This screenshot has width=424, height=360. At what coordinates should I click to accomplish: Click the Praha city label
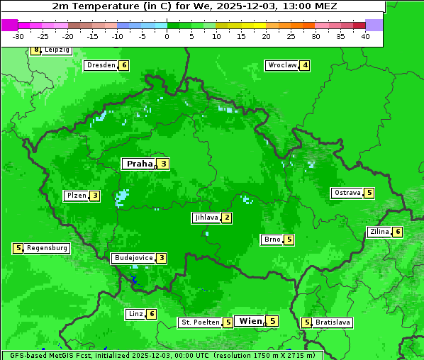(x=139, y=164)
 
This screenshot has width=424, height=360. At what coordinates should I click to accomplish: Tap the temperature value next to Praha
(x=163, y=164)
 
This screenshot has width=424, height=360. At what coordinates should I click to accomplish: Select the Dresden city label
(x=101, y=65)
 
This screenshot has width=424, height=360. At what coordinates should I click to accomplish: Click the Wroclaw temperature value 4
(x=305, y=65)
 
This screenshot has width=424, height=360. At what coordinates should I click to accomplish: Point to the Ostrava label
(x=347, y=193)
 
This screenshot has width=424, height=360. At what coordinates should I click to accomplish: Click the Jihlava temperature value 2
(x=226, y=218)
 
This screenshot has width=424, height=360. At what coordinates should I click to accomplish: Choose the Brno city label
(x=272, y=240)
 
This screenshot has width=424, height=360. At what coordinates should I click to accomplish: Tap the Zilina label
(x=379, y=232)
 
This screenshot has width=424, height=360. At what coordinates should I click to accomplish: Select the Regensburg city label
(x=47, y=248)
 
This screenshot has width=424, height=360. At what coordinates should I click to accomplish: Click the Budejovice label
(x=133, y=258)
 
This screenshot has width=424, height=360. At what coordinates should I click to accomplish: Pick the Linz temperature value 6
(x=151, y=314)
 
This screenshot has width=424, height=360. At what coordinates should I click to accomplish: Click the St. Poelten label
(x=199, y=322)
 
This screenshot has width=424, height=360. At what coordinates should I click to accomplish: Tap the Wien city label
(x=250, y=321)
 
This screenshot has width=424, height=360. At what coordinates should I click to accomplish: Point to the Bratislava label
(x=333, y=322)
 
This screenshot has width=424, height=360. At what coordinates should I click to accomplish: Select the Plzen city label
(x=77, y=196)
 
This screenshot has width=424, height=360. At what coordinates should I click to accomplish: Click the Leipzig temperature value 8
(x=35, y=50)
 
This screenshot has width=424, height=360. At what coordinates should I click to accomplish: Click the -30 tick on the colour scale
(x=18, y=36)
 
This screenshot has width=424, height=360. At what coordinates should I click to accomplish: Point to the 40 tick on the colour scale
(x=364, y=36)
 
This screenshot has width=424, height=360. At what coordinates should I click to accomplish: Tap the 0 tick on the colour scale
(x=167, y=36)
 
